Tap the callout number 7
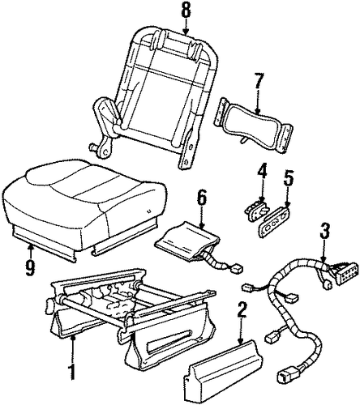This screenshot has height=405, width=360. coord(258,81)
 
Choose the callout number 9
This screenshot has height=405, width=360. coord(30,266)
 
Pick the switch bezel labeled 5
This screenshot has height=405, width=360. coord(275,222)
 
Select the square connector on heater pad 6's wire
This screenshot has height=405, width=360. coord(237,269)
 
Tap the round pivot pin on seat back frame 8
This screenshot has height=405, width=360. coord(93,147)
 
